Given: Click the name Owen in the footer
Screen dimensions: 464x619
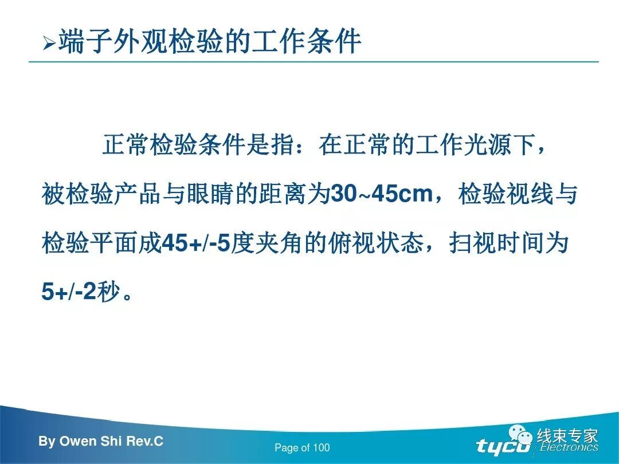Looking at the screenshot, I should pos(78,442).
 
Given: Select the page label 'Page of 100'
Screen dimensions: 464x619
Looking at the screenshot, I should pos(302,448).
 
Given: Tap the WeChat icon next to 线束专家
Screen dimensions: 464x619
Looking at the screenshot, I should pos(522,436).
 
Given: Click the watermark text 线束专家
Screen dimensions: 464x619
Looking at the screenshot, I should pos(567,436).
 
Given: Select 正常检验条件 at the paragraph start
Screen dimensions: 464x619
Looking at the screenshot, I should pos(162,145).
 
